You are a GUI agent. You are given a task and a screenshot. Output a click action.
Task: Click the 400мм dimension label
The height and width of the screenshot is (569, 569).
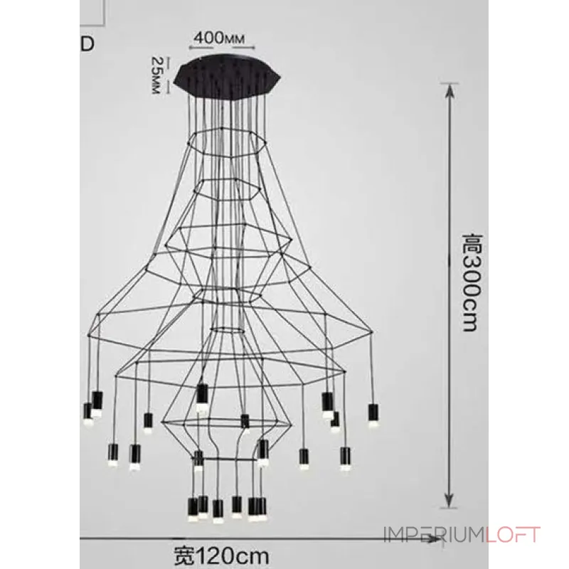219,38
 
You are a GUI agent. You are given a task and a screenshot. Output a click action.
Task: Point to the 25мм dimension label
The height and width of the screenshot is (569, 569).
156,75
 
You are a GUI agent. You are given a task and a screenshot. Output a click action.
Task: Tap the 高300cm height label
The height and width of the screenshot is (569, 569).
473,283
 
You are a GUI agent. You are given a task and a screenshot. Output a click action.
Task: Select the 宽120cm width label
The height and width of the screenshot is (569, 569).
222,556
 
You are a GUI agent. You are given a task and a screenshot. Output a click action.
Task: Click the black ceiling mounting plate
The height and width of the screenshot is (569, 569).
228,75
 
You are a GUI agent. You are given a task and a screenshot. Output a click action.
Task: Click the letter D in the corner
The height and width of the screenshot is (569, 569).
87,43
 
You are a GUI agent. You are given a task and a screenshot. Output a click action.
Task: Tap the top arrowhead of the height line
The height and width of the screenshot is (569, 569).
450,90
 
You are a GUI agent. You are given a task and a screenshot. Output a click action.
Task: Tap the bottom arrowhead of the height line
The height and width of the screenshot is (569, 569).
450,501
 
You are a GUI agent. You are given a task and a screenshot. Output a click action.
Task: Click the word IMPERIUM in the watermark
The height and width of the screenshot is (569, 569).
435,536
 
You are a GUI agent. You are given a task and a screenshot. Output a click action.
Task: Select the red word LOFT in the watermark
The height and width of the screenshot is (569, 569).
513,536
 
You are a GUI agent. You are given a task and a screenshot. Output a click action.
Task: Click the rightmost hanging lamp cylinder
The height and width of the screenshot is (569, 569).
373,413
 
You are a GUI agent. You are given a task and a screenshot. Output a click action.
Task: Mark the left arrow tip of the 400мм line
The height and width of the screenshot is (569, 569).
189,48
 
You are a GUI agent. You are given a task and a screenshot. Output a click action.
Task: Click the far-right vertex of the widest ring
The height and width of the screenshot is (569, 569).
373,332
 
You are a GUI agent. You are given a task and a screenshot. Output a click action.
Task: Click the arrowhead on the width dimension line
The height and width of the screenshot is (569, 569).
435,541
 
